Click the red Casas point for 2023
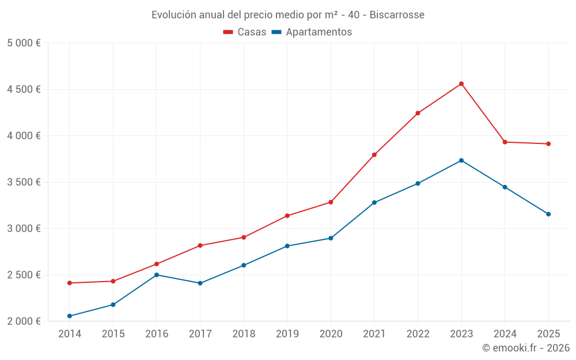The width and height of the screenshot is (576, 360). coord(461,84)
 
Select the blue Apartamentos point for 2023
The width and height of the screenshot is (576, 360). coord(461,160)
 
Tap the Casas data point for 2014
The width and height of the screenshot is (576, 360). coord(70,283)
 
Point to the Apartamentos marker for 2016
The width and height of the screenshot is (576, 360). coord(157,275)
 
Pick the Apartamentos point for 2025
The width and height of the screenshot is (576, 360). coord(548,214)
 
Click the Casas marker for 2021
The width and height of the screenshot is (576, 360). coord(374,154)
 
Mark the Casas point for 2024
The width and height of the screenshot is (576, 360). coord(505,142)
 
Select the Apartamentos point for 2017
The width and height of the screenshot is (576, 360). coord(200,283)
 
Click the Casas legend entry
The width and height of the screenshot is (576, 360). coord(245,32)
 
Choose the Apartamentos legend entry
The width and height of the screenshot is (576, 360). coord(312,32)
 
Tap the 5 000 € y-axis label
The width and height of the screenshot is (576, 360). coord(24,43)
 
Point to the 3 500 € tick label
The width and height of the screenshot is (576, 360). coord(24,182)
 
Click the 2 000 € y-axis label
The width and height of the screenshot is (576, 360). coord(24,321)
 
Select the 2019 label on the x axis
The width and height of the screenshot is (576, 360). coord(287,334)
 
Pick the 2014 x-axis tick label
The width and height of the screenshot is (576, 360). coord(70,334)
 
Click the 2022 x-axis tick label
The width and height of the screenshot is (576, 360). coord(418,334)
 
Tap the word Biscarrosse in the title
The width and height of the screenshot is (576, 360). coord(397,14)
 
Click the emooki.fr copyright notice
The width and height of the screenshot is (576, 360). coord(526,348)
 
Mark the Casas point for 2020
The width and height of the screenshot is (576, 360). coord(331,202)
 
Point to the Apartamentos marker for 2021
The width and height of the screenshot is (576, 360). coord(374,203)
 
